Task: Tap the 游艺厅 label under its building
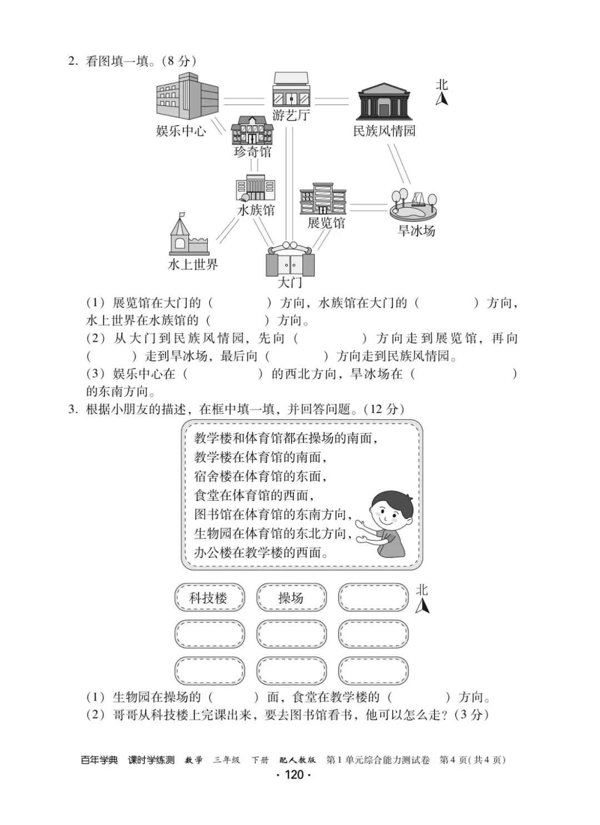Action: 291,116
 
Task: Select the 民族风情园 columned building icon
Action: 384,102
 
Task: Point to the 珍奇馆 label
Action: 253,152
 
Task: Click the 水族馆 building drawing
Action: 256,189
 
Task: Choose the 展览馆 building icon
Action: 323,199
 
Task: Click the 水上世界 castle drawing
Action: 188,235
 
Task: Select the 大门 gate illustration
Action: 290,259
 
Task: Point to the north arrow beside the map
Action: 442,99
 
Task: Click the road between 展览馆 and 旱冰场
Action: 368,207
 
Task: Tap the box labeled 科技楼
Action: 209,598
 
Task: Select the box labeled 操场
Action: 291,598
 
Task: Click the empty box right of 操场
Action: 373,598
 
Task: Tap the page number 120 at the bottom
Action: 294,775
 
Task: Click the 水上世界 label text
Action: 193,264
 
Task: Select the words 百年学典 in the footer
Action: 99,760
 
